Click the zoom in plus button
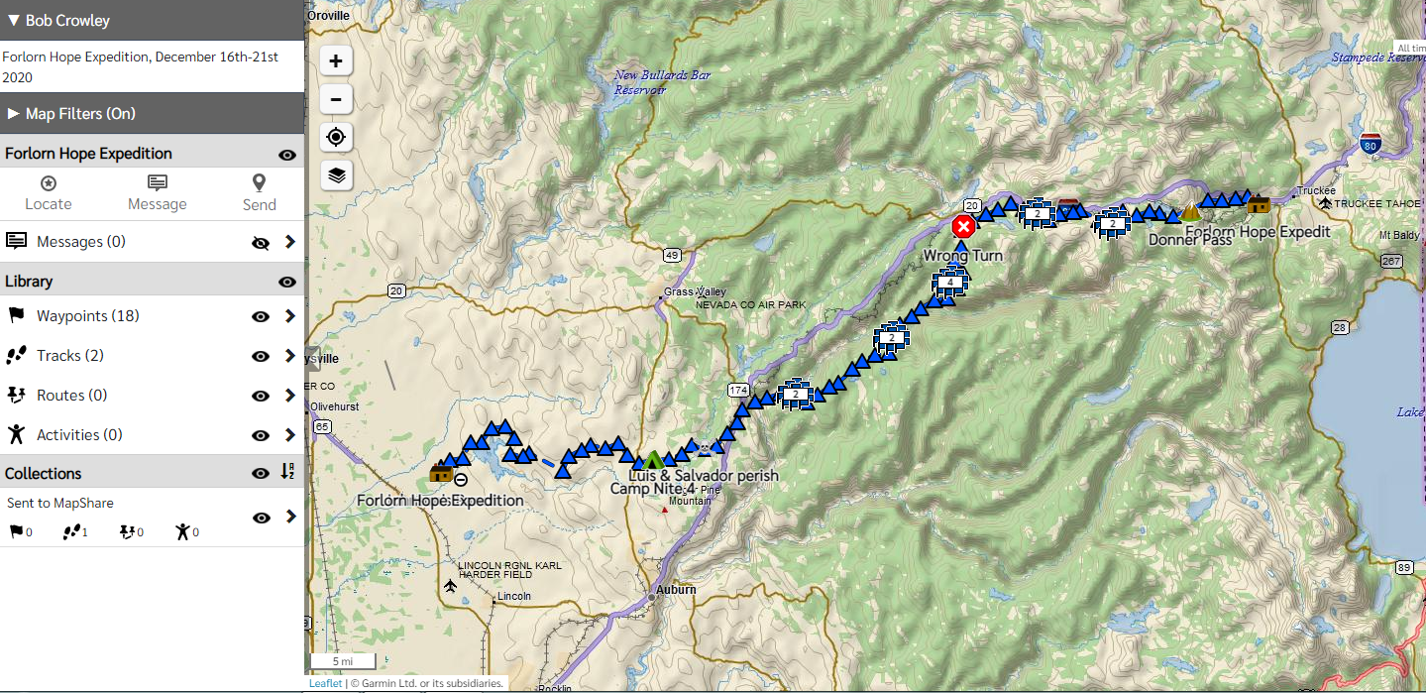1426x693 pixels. coord(336,61)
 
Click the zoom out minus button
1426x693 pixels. coord(336,99)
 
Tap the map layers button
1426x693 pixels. coord(336,175)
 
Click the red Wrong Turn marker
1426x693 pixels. coord(962,227)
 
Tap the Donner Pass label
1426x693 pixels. coord(1189,239)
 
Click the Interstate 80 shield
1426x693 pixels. coord(1371,143)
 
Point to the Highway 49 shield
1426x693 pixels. coord(673,256)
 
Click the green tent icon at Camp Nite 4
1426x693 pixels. coord(653,460)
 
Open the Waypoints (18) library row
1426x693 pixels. coord(88,316)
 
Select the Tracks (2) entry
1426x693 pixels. coord(69,356)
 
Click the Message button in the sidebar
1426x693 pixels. coord(157,192)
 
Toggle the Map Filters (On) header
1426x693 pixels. coord(79,114)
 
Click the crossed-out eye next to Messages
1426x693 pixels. coord(261,242)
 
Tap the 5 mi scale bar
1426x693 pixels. coord(343,661)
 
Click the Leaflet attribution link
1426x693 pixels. coord(325,683)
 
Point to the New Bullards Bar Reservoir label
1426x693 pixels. coord(640,82)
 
